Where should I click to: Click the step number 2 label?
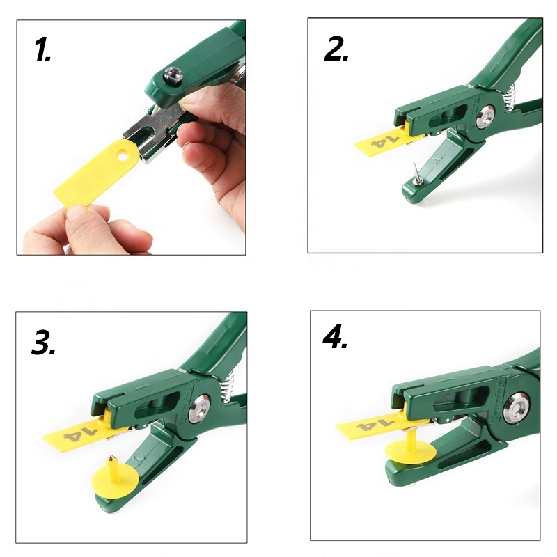tap(336, 48)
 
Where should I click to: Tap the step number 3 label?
tap(43, 342)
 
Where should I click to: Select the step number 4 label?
tap(335, 336)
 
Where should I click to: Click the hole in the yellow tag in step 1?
tap(123, 156)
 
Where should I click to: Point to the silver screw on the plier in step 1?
tap(173, 75)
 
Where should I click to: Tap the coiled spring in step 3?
tap(227, 388)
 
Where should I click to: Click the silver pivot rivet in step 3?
tap(199, 409)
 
